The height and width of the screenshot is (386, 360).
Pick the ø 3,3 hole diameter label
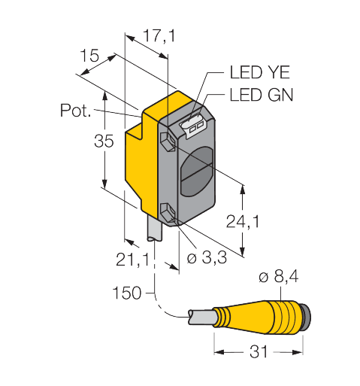tap(203, 260)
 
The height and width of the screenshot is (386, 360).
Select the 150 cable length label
tap(127, 293)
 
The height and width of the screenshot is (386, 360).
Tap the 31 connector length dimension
tap(259, 351)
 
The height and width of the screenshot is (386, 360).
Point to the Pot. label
tap(75, 111)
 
